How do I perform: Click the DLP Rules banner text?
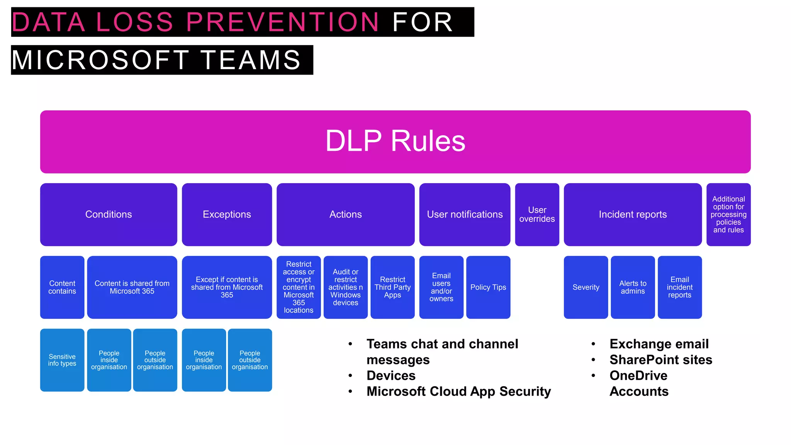(395, 141)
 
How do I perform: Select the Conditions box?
(109, 214)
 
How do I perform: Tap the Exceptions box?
(227, 214)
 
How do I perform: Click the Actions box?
(345, 214)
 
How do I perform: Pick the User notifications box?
(465, 214)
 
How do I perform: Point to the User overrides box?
(537, 214)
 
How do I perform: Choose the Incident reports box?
(633, 214)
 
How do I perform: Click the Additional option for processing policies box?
(728, 214)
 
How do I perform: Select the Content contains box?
(62, 287)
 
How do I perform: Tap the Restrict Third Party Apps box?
(392, 287)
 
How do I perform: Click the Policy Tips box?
(488, 287)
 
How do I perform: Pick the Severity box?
(586, 287)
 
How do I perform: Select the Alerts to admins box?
(633, 287)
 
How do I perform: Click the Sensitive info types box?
(62, 360)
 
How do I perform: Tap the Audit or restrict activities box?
(345, 287)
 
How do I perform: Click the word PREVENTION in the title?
(282, 22)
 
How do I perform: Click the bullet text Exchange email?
(659, 344)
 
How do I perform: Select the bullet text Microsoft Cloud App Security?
(458, 391)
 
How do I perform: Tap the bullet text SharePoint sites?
(661, 360)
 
